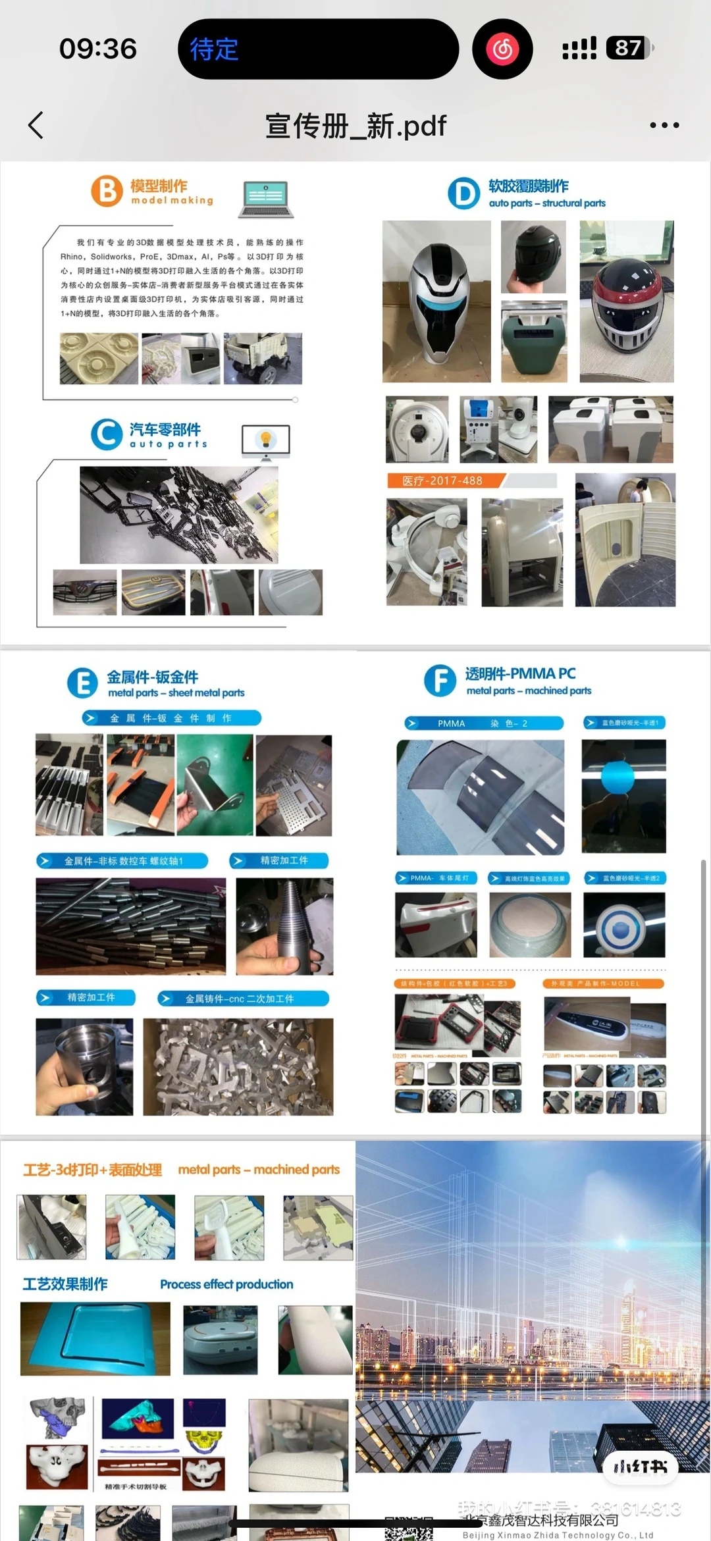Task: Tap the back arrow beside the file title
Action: click(36, 125)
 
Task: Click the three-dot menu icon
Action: click(664, 125)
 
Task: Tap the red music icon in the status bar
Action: click(502, 49)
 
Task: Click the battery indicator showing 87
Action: click(629, 48)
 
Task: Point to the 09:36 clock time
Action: click(98, 49)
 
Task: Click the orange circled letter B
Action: click(107, 191)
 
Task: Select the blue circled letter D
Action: click(464, 194)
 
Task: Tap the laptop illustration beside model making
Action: click(266, 198)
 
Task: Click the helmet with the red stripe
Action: click(626, 302)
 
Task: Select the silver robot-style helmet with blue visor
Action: click(436, 302)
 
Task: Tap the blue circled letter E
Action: click(83, 683)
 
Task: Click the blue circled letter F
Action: click(440, 681)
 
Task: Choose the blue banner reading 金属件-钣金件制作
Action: click(172, 718)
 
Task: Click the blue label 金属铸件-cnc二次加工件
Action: click(243, 999)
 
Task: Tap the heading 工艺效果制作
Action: click(65, 1284)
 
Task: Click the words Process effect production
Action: click(226, 1284)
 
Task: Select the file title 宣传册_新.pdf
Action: click(355, 125)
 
